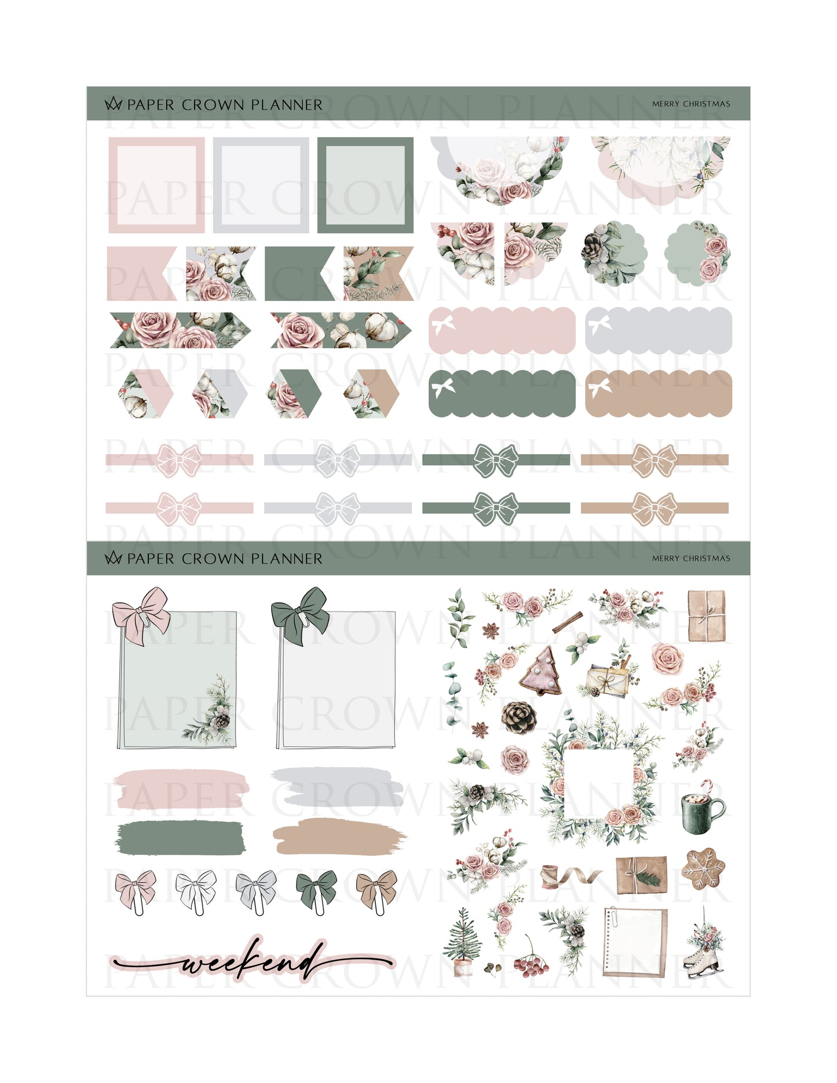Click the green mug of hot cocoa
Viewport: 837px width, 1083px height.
pyautogui.click(x=703, y=807)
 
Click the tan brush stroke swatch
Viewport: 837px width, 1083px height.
pyautogui.click(x=338, y=837)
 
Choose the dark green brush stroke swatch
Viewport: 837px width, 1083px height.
pyautogui.click(x=181, y=837)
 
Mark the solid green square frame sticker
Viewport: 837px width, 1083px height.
pyautogui.click(x=365, y=185)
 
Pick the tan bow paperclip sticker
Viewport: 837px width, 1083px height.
pyautogui.click(x=376, y=892)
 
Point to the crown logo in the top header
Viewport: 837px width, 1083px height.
pyautogui.click(x=113, y=104)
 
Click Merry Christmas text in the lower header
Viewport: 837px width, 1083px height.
pyautogui.click(x=691, y=558)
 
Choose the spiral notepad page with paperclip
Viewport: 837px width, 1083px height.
pyautogui.click(x=635, y=942)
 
